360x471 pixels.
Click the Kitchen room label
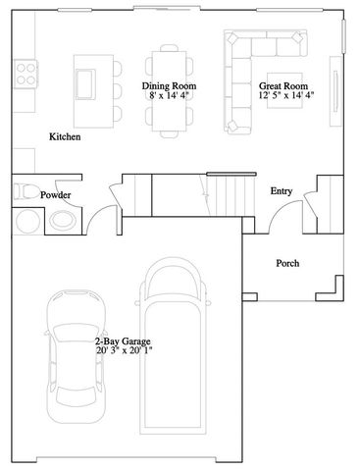65,137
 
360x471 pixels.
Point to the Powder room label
55,195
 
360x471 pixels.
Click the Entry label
282,190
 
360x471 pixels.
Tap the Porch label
287,263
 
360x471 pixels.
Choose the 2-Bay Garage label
124,340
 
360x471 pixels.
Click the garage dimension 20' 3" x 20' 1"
124,350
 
